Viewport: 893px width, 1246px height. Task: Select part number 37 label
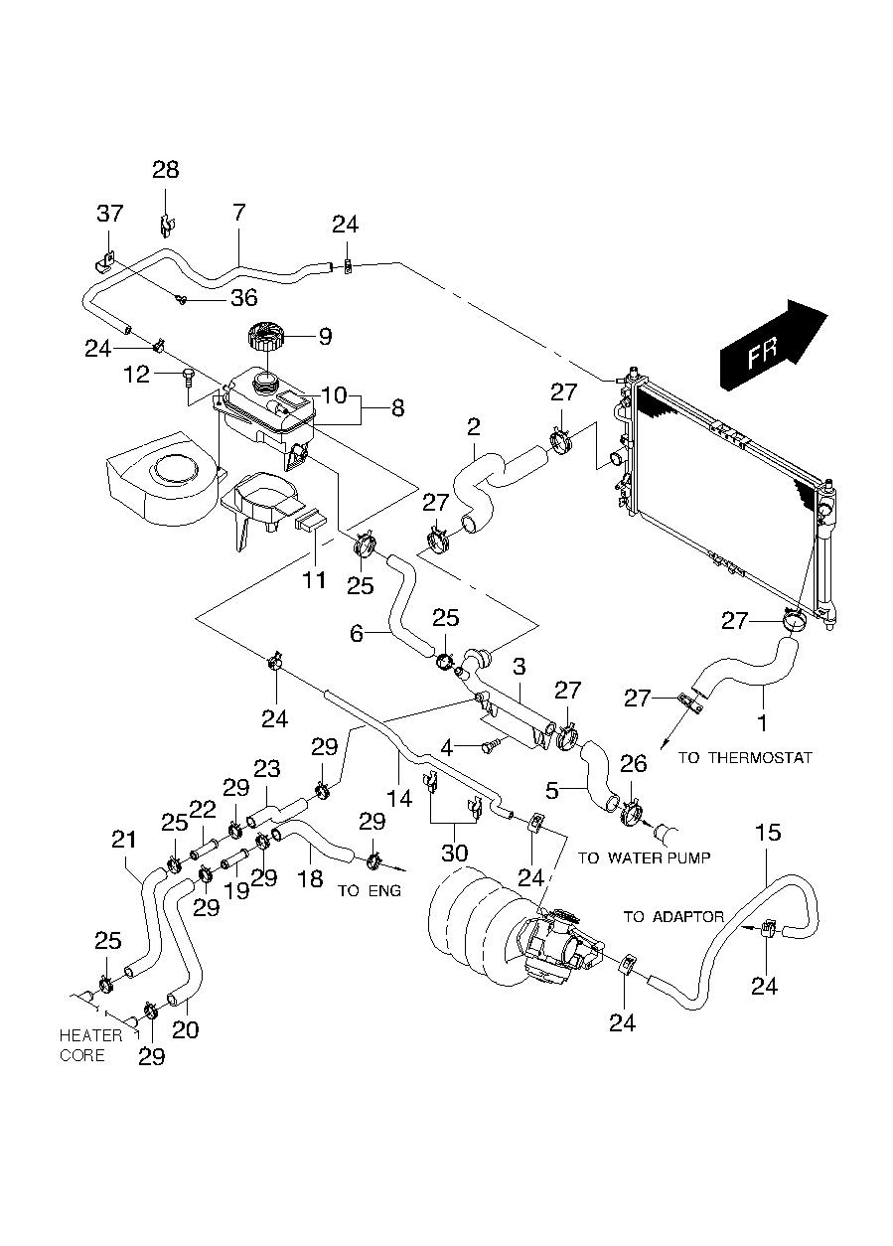(110, 214)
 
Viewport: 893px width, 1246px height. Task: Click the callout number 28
(166, 170)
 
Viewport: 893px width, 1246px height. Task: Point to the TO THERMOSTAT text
(745, 758)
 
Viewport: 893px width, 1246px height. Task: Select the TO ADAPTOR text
(673, 916)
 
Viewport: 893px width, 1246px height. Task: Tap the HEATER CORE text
(90, 1045)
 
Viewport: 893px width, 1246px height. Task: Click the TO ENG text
(370, 890)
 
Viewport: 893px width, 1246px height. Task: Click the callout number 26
(633, 763)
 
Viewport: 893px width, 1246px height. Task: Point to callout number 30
(454, 852)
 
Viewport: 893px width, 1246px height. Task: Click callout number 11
(314, 578)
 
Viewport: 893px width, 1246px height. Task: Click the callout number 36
(243, 298)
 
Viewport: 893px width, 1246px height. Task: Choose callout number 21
(123, 840)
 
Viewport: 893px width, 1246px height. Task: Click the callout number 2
(473, 427)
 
